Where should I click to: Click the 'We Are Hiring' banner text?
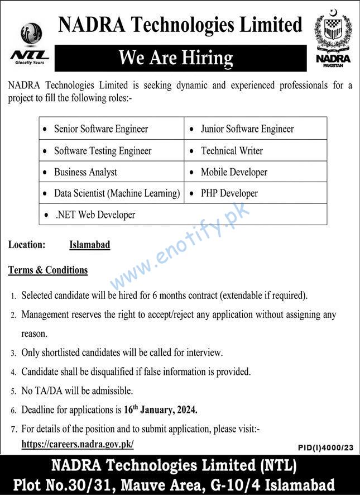pos(176,58)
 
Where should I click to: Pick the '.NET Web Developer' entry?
pos(95,215)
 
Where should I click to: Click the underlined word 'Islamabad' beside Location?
pos(89,245)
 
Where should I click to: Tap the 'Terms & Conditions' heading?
pos(48,270)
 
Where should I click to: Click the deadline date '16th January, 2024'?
pos(160,410)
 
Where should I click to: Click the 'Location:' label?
pos(27,245)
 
